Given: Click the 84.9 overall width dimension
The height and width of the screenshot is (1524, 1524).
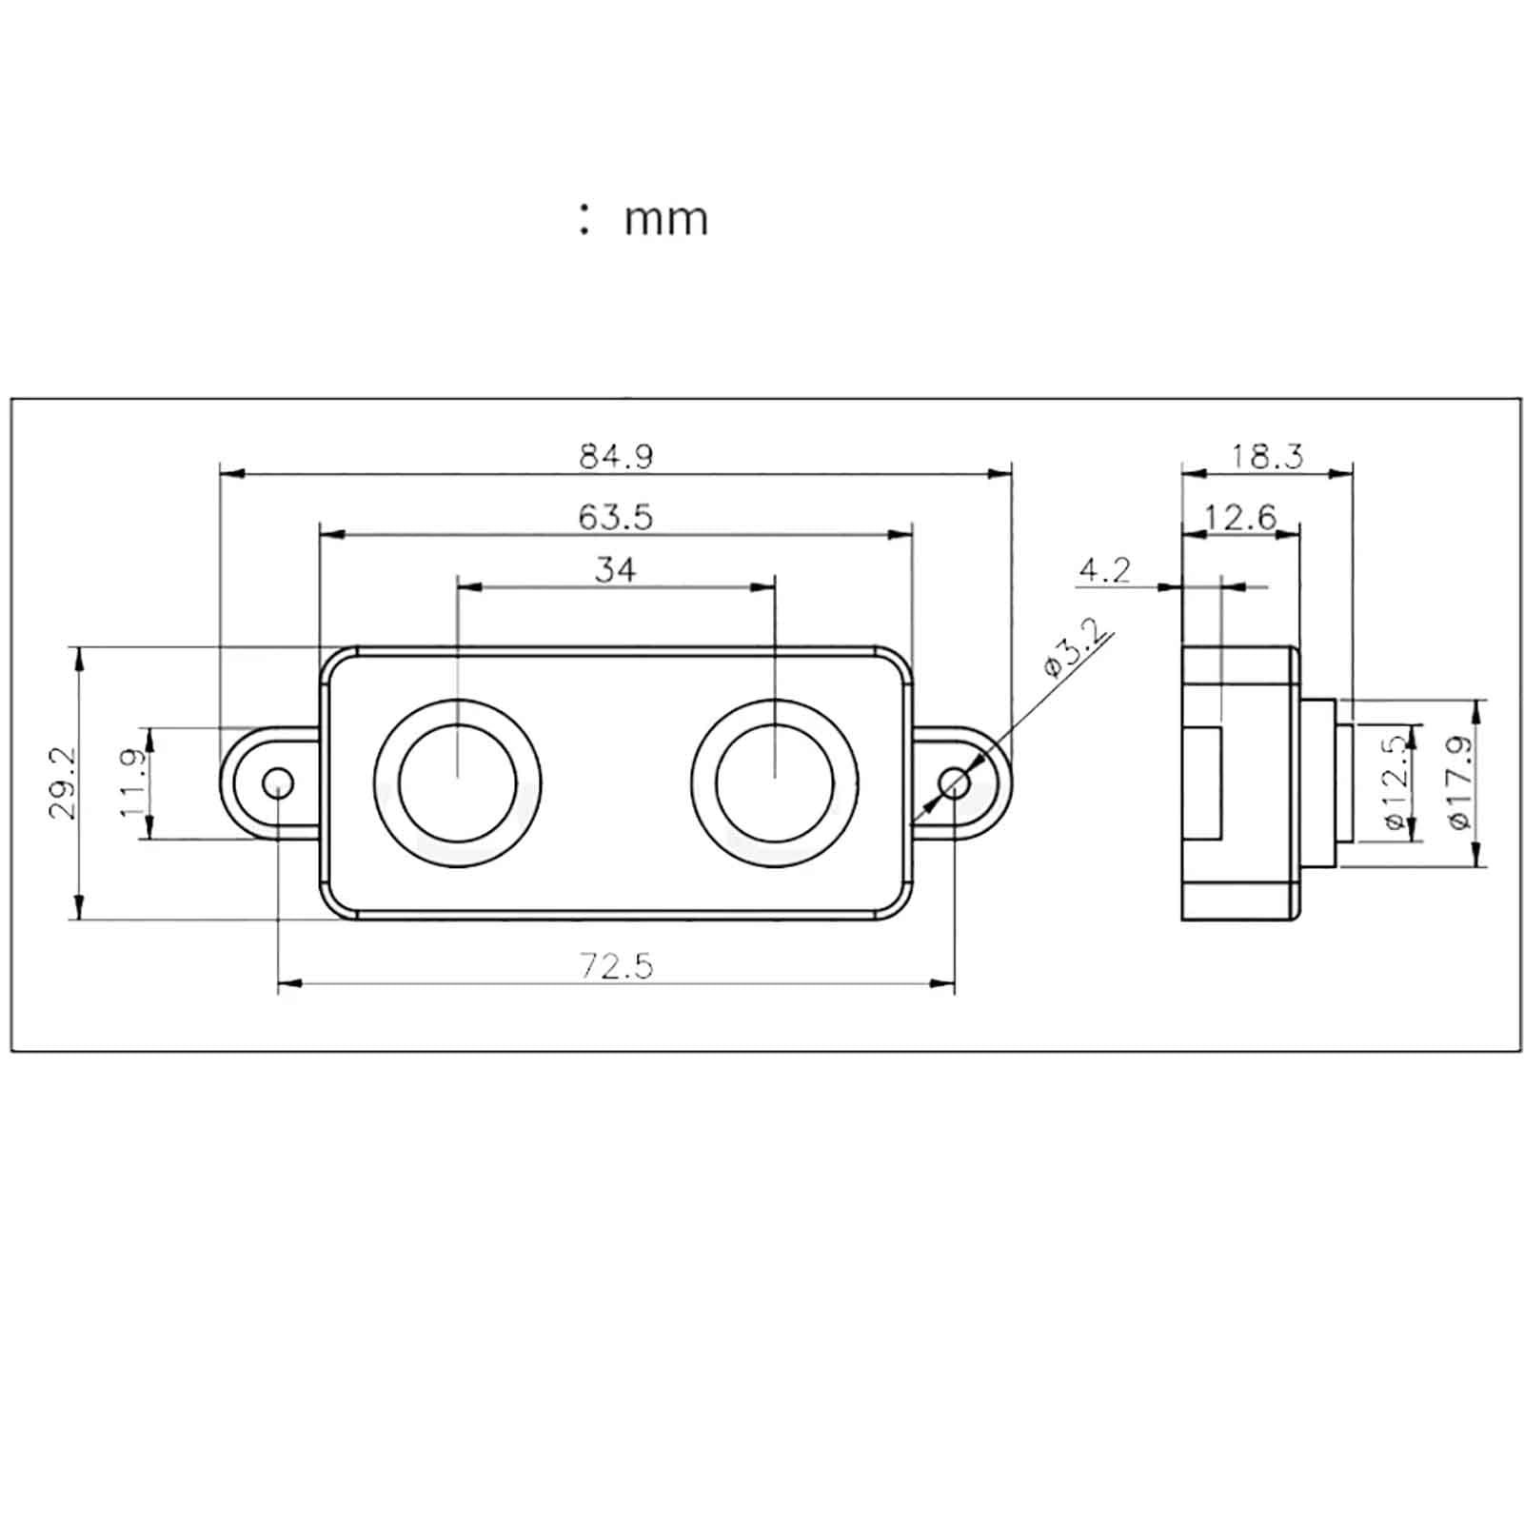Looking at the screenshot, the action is tap(617, 457).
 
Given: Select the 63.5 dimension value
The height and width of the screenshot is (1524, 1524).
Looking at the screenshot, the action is tap(616, 517).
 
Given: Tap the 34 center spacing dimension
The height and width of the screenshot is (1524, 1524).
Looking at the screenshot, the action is tap(615, 569).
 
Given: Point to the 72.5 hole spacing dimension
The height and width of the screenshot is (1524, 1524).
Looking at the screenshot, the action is tap(617, 966).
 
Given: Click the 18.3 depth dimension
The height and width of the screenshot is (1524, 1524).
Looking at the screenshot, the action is tap(1267, 457).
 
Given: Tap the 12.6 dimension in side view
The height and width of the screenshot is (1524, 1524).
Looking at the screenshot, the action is tap(1240, 517).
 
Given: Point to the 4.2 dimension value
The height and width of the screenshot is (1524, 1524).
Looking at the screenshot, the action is tap(1104, 570).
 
